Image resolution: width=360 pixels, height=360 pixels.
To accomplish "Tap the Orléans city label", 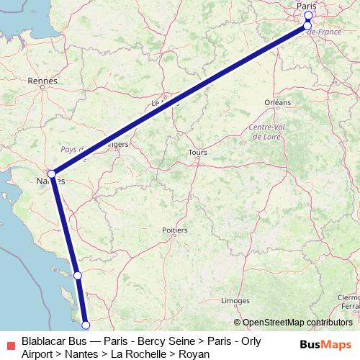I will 277,103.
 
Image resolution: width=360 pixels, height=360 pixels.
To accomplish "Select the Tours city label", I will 197,153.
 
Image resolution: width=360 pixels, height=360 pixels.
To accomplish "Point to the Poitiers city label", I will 175,230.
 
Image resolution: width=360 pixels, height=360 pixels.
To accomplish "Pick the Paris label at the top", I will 307,6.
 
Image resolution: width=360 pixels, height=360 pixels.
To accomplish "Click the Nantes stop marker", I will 52,174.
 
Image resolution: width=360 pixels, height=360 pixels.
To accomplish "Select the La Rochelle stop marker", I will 78,275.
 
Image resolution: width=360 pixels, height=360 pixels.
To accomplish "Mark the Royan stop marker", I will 86,325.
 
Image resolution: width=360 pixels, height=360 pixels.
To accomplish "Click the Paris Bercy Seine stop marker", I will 309,15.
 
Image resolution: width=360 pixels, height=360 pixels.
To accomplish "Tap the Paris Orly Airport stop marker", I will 307,26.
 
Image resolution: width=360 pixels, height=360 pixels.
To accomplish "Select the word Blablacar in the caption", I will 45,341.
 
